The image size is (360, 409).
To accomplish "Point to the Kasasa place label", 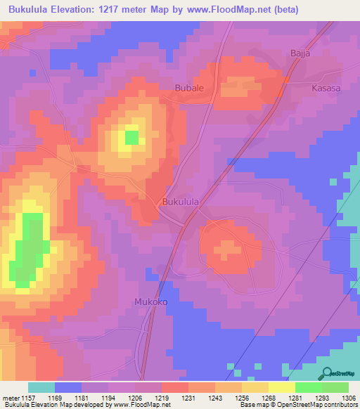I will pyautogui.click(x=326, y=89).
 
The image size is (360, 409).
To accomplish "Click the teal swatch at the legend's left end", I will pyautogui.click(x=41, y=387).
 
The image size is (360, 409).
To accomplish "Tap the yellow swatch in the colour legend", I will pyautogui.click(x=282, y=387).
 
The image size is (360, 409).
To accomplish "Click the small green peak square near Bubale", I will pyautogui.click(x=131, y=136).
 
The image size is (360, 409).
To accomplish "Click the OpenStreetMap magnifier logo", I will pyautogui.click(x=326, y=373).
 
